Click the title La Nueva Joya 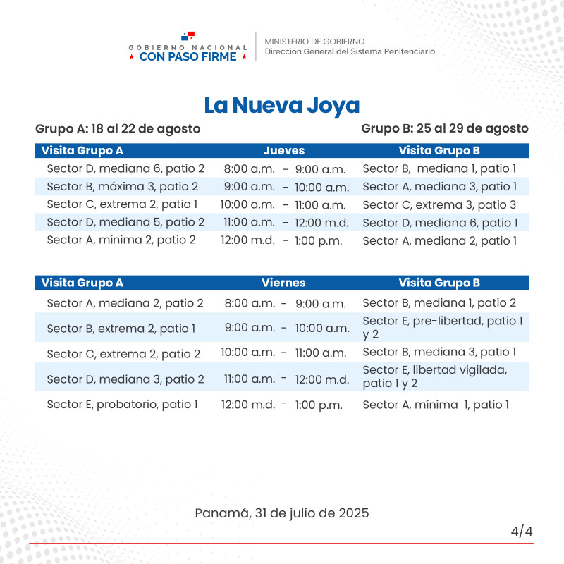pyautogui.click(x=282, y=106)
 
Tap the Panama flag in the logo pyautogui.click(x=188, y=35)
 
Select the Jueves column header pyautogui.click(x=284, y=150)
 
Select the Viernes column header pyautogui.click(x=283, y=283)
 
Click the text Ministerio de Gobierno pyautogui.click(x=314, y=42)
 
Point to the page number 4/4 pyautogui.click(x=522, y=531)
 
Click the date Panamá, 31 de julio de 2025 pyautogui.click(x=282, y=513)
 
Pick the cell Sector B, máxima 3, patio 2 pyautogui.click(x=123, y=187)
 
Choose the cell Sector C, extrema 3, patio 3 pyautogui.click(x=439, y=204)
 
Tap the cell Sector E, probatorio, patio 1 pyautogui.click(x=123, y=405)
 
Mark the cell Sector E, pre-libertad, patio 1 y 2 pyautogui.click(x=442, y=327)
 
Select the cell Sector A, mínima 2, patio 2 pyautogui.click(x=121, y=240)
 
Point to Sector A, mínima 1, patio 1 pyautogui.click(x=435, y=405)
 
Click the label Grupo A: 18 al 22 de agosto pyautogui.click(x=118, y=128)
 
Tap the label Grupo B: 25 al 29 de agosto pyautogui.click(x=445, y=128)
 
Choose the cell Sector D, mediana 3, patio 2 pyautogui.click(x=125, y=379)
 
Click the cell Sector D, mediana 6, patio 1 pyautogui.click(x=440, y=223)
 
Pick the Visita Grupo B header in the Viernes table pyautogui.click(x=439, y=283)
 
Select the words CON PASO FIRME pyautogui.click(x=188, y=56)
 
